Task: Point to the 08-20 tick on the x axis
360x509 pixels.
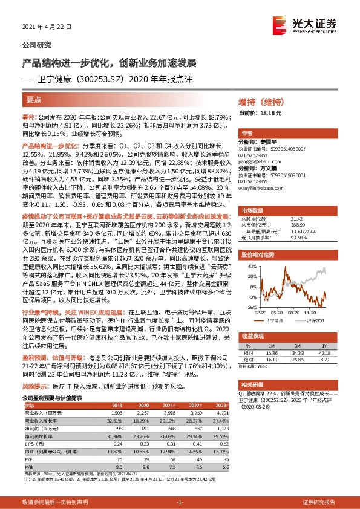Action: pos(294,312)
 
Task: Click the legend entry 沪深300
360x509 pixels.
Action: pos(313,320)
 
